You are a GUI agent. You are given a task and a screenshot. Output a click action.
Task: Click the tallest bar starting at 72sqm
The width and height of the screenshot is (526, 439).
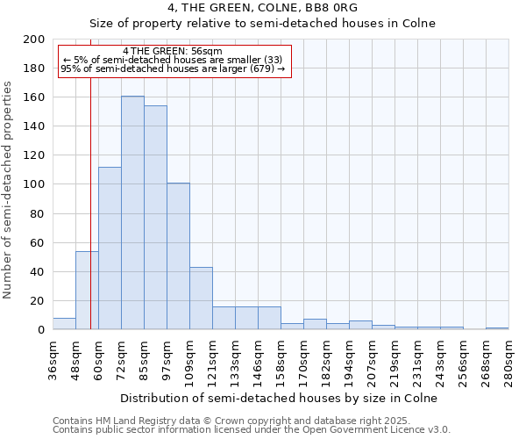click(x=132, y=212)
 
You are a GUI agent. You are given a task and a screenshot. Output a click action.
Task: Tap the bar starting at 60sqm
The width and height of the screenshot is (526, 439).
click(x=110, y=248)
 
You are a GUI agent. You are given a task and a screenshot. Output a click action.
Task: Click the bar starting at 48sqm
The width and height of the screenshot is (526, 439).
click(x=87, y=291)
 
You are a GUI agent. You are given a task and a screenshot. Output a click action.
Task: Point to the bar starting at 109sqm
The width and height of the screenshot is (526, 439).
click(x=201, y=299)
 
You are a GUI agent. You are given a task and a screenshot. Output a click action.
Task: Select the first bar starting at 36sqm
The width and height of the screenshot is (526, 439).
click(x=64, y=324)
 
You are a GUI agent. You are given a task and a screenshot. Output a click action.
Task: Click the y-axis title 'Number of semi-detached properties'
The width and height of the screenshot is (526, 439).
click(x=9, y=190)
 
